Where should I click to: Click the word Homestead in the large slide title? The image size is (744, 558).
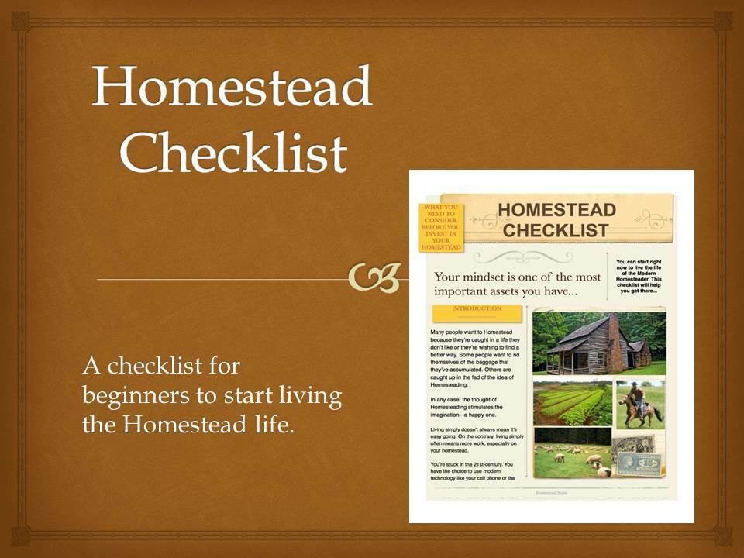[232, 87]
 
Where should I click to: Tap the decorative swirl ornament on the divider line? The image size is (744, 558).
[374, 277]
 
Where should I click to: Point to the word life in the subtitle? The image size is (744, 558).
[277, 424]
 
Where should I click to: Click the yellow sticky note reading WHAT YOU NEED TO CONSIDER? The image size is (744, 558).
[440, 227]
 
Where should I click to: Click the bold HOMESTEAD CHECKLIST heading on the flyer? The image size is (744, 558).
[556, 219]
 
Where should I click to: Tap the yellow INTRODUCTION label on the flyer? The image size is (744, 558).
[476, 309]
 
